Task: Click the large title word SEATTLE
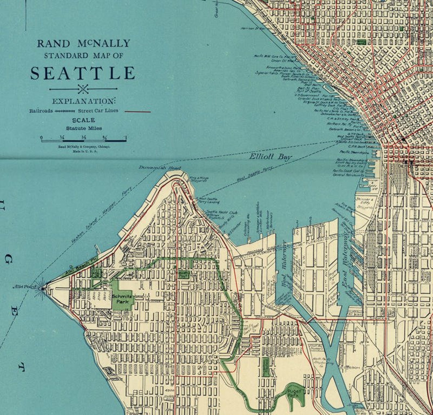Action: coord(83,73)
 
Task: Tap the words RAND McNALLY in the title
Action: coord(84,44)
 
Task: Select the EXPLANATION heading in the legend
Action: coord(84,101)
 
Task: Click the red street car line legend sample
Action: coord(137,112)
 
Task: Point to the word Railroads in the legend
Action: coord(41,111)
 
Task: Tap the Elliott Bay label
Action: coord(270,157)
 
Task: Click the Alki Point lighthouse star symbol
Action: coord(42,288)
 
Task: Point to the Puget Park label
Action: coord(294,393)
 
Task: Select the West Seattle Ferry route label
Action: coord(254,175)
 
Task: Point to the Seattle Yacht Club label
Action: coord(221,212)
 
